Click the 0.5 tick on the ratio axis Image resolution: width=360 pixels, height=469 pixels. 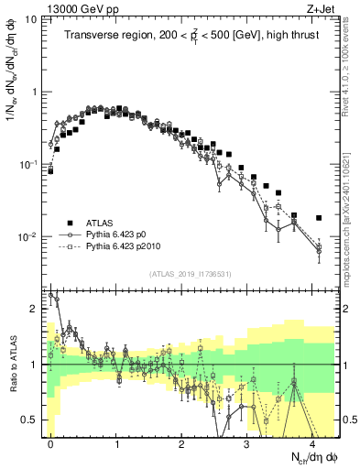(x=31, y=420)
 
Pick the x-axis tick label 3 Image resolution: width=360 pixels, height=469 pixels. (x=246, y=442)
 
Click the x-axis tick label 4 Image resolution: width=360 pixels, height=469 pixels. (x=311, y=442)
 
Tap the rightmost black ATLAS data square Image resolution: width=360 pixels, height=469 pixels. (x=318, y=218)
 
